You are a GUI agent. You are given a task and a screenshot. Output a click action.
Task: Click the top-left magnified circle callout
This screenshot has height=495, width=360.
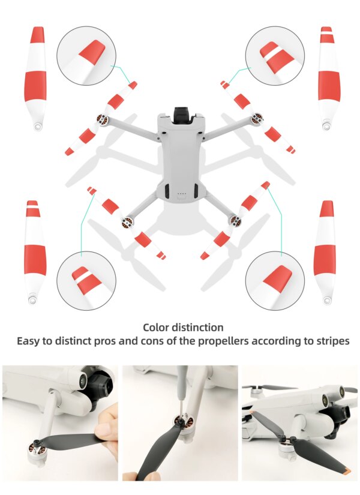pyautogui.click(x=86, y=55)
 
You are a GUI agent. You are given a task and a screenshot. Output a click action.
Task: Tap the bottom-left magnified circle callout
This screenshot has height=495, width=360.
pyautogui.click(x=86, y=280)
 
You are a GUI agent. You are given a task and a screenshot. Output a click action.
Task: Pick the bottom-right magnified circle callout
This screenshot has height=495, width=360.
pyautogui.click(x=275, y=280)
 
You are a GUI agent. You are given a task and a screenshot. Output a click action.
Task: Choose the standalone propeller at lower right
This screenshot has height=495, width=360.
pyautogui.click(x=325, y=251)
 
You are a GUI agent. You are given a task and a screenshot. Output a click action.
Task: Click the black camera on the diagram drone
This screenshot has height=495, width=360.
pyautogui.click(x=181, y=115)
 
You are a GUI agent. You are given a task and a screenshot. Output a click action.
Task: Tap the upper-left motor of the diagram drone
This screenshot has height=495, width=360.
pyautogui.click(x=101, y=121)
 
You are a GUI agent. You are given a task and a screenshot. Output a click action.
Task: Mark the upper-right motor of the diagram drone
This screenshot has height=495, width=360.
pyautogui.click(x=257, y=119)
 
